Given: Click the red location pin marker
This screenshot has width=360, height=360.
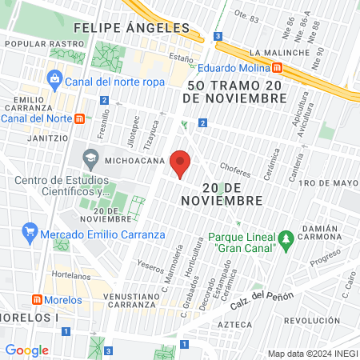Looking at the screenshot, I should [181, 163].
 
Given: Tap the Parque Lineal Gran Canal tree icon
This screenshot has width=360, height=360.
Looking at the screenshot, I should [285, 238].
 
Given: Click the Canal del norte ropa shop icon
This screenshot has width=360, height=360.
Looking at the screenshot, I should [54, 78].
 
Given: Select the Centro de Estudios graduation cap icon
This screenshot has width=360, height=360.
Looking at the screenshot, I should [90, 154].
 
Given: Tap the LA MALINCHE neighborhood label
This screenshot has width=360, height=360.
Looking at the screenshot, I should [279, 53].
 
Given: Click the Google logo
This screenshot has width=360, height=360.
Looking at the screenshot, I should [27, 350].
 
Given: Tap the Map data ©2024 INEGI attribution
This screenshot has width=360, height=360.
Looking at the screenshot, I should [311, 354].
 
